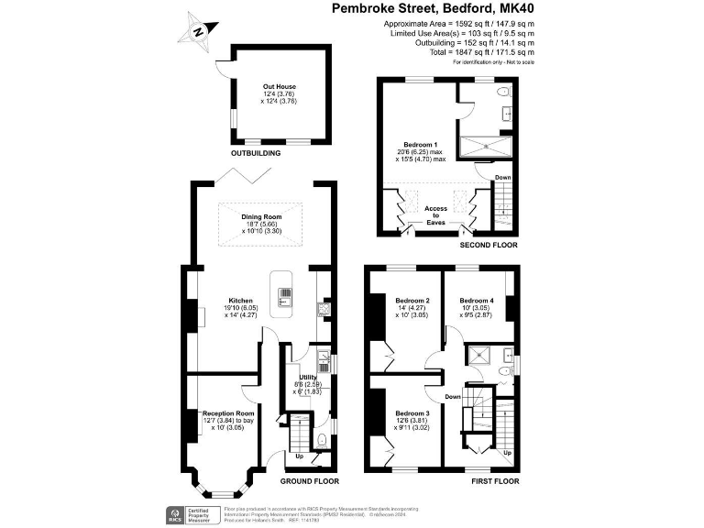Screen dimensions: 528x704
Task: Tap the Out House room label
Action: point(280,87)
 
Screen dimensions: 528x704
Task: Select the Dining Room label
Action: point(262,216)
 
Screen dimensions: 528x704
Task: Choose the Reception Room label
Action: point(228,413)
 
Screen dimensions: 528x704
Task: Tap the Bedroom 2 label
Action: point(412,301)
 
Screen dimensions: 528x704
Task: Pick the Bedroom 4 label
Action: point(477,301)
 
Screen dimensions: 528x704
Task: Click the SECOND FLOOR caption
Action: point(489,246)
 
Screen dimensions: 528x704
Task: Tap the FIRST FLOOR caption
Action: point(495,480)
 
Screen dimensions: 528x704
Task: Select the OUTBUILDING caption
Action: point(255,154)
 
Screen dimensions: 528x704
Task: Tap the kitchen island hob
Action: point(285,295)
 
